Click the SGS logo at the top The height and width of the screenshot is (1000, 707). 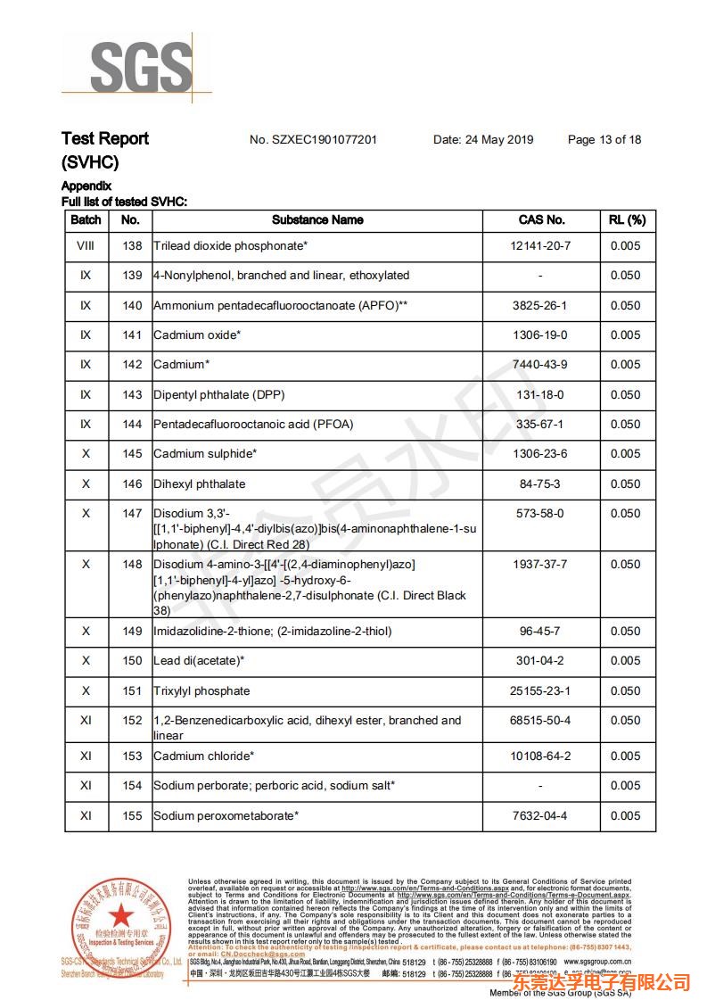(141, 68)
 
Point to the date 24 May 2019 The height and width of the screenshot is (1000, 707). (482, 139)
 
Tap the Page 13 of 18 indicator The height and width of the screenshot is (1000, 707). (604, 139)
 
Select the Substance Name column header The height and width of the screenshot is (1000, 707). (317, 219)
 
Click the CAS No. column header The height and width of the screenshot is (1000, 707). (541, 219)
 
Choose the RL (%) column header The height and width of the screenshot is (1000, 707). (627, 219)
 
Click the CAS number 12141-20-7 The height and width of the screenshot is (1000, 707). (540, 245)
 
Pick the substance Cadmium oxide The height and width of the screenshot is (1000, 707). (197, 335)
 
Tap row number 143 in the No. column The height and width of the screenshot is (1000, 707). (132, 394)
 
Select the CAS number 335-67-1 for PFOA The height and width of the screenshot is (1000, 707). (540, 425)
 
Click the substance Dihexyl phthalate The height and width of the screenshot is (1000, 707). (199, 484)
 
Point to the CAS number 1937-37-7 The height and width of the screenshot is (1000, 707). (540, 564)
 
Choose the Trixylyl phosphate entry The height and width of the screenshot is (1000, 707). (201, 691)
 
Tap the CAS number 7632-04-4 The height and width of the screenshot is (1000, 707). (540, 815)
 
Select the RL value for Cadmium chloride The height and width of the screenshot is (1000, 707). (625, 756)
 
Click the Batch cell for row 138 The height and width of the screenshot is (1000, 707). (86, 245)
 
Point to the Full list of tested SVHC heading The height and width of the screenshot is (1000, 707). (124, 202)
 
